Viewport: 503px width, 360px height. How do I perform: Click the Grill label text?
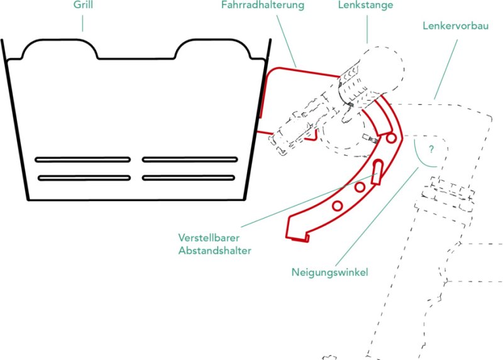pyautogui.click(x=82, y=6)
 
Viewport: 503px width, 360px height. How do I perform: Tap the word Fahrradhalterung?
pyautogui.click(x=262, y=6)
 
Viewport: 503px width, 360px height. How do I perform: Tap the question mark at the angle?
pyautogui.click(x=431, y=150)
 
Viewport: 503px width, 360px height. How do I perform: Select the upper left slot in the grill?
pyautogui.click(x=83, y=159)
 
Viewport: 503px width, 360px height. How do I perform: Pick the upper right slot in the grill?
pyautogui.click(x=189, y=159)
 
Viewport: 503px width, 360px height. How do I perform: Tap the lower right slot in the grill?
pyautogui.click(x=189, y=178)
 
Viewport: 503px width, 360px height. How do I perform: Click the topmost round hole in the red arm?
pyautogui.click(x=391, y=138)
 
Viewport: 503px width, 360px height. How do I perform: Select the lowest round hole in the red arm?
pyautogui.click(x=338, y=205)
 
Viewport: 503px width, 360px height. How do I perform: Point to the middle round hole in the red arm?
pyautogui.click(x=360, y=187)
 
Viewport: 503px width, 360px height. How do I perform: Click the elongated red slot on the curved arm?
pyautogui.click(x=377, y=172)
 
